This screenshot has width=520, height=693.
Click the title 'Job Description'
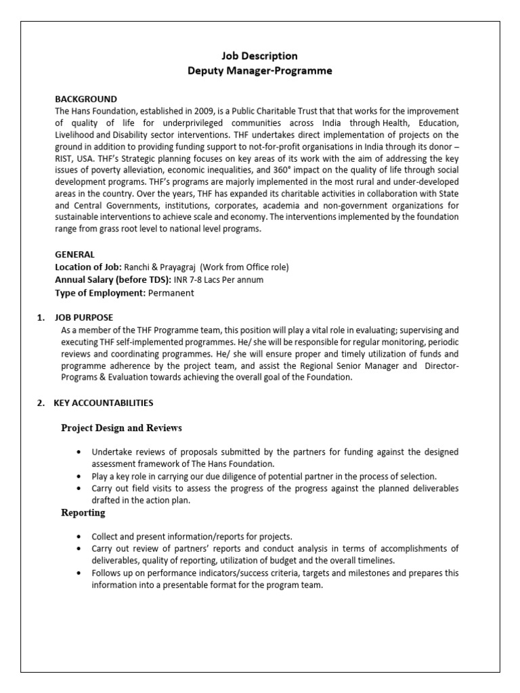260,56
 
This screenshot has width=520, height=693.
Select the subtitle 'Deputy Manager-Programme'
260,70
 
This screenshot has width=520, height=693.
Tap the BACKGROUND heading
85,99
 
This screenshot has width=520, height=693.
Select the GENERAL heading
74,254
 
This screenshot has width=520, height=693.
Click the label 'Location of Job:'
88,267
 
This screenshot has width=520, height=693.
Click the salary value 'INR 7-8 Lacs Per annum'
219,280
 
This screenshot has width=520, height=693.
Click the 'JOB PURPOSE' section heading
87,317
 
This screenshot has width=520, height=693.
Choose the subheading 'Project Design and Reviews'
121,428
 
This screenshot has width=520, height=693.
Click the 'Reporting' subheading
83,512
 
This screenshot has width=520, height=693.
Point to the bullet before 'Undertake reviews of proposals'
81,452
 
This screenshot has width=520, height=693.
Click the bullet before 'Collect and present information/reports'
81,537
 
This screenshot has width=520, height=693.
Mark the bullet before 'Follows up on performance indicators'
81,573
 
